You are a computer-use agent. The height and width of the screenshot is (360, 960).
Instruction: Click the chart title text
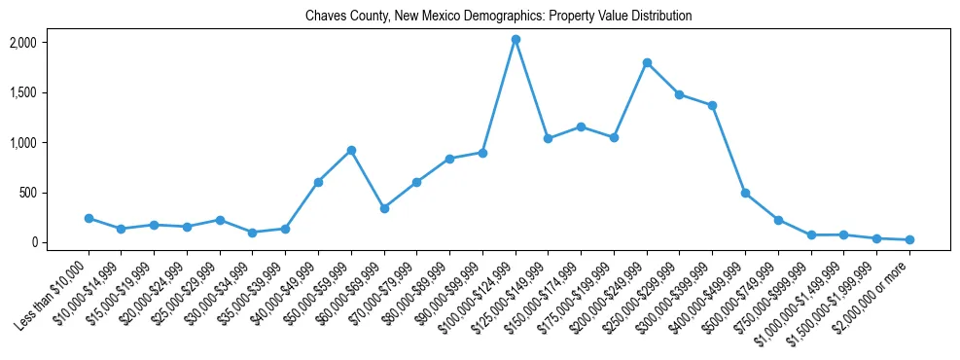(498, 17)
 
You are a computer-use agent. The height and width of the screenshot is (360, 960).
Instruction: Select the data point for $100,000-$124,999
(516, 40)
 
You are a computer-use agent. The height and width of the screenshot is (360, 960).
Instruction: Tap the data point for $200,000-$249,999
(647, 63)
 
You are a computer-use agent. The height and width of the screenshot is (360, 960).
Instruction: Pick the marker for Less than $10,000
(89, 219)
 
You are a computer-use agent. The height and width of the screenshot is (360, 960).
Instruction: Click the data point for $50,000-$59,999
(351, 151)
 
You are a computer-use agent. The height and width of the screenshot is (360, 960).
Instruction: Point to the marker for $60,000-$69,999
(384, 208)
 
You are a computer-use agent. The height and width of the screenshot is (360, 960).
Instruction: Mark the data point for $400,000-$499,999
(745, 194)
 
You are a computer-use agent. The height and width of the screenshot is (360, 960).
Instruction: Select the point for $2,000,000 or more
(909, 239)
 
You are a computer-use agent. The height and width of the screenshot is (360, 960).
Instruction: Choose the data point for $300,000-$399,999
(712, 105)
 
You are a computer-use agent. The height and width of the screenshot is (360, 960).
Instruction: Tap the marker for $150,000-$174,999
(581, 126)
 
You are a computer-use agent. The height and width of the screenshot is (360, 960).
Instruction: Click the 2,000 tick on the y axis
(50, 43)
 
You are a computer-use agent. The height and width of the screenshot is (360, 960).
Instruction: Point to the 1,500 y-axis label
(50, 93)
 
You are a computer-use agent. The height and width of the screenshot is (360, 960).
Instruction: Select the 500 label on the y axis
(54, 193)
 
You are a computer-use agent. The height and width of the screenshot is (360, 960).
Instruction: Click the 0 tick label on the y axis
(59, 242)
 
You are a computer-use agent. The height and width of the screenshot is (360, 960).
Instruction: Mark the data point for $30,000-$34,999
(253, 233)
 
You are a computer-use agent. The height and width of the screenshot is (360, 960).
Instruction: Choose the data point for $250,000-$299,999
(679, 94)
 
